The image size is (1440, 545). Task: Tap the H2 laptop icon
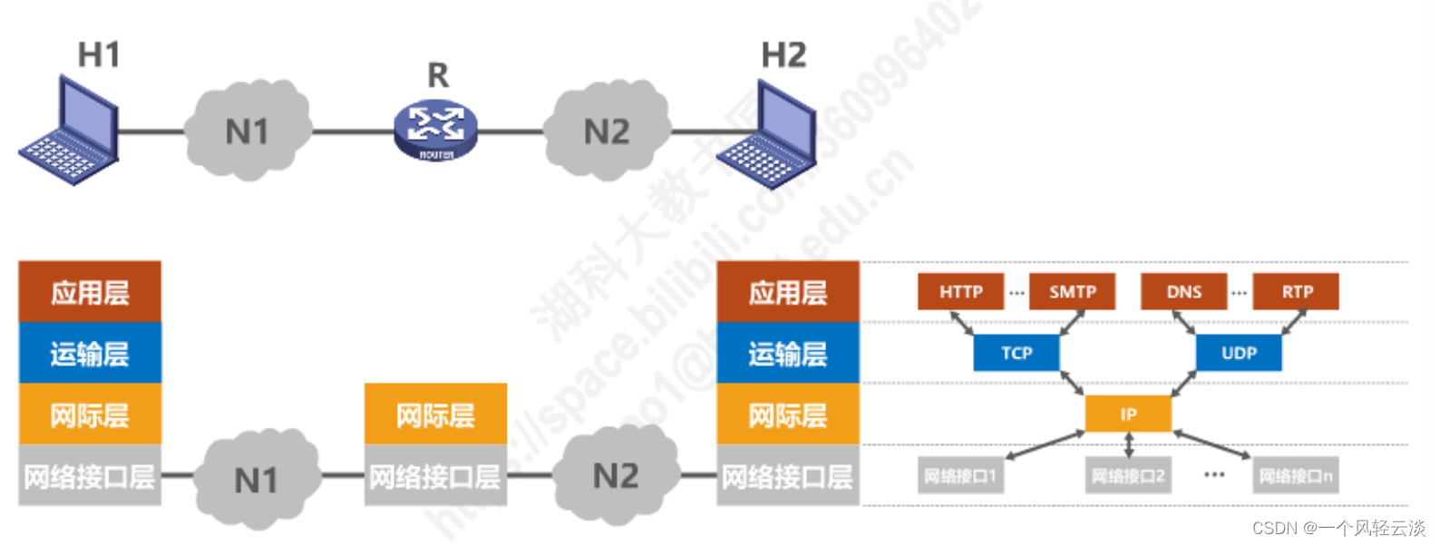(768, 136)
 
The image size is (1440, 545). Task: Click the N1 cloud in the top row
(248, 131)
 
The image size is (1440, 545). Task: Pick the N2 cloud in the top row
(606, 131)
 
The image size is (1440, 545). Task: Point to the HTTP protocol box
(960, 292)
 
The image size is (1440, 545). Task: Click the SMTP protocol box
(1072, 292)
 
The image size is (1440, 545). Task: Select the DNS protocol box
(1183, 292)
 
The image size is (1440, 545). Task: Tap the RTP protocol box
(1296, 292)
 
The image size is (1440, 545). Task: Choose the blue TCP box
(1016, 353)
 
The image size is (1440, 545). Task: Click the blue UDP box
(1239, 353)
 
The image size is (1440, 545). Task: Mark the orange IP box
(1128, 414)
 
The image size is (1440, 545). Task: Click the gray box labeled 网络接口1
(960, 475)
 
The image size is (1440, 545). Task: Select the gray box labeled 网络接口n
(1296, 475)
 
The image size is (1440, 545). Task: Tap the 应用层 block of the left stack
(90, 292)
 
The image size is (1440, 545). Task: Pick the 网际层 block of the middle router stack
(435, 414)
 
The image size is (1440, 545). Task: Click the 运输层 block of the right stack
(787, 353)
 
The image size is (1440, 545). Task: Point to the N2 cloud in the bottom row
(616, 475)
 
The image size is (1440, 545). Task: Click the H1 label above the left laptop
(99, 55)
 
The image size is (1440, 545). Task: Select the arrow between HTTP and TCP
(962, 323)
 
